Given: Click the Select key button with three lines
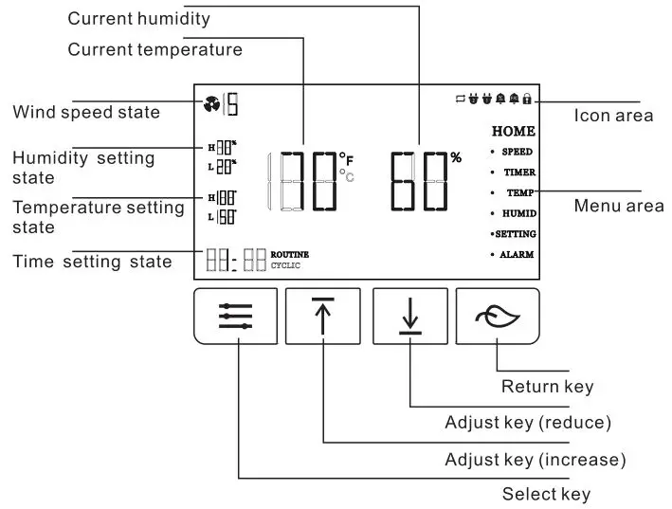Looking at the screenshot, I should click(x=235, y=316).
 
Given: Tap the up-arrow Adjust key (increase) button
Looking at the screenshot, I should click(x=323, y=316).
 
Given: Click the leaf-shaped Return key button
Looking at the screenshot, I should click(x=498, y=316).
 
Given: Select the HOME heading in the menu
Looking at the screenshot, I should click(x=514, y=132).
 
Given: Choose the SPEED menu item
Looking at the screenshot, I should click(x=517, y=152).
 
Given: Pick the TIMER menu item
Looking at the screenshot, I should click(x=518, y=173).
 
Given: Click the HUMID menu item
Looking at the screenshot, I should click(x=518, y=213).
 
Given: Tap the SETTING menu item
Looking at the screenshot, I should click(x=515, y=233).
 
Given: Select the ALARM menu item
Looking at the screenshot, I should click(x=518, y=255).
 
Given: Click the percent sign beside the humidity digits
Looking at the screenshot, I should click(x=456, y=157).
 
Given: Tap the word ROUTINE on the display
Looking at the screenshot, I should click(x=290, y=254).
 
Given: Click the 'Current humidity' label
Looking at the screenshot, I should click(x=138, y=19).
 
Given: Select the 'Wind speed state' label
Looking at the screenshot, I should click(x=86, y=113).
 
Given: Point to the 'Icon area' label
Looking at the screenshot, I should click(x=613, y=116).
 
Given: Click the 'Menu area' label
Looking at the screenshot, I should click(x=618, y=206).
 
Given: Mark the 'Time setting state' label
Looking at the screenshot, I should click(x=92, y=262).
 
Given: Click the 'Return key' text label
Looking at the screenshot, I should click(x=547, y=386).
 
